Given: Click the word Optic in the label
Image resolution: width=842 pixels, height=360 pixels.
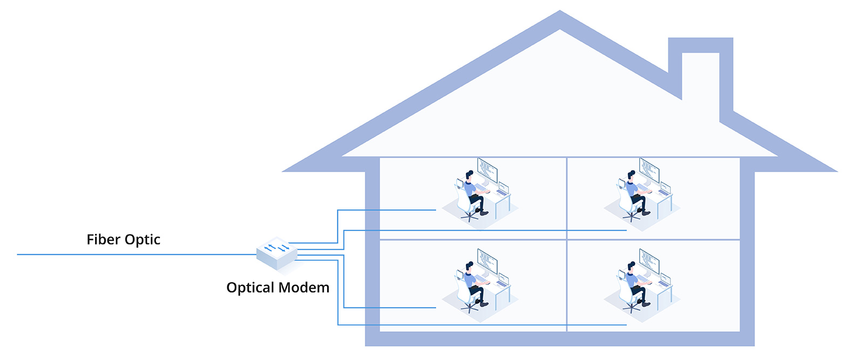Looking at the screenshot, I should [x=142, y=240].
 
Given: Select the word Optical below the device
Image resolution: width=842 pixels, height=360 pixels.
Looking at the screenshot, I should [x=249, y=287].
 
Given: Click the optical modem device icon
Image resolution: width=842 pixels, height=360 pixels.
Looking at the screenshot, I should [x=277, y=254].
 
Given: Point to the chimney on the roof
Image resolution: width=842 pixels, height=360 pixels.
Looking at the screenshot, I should [x=701, y=76].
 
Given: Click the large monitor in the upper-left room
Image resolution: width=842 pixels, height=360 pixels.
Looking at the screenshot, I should [x=487, y=171].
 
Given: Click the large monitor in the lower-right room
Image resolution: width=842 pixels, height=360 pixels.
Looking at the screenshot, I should [x=649, y=262].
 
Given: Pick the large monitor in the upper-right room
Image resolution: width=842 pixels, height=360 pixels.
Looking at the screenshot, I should [x=649, y=171].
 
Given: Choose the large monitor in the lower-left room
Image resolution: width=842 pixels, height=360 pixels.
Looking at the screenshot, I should [x=487, y=262].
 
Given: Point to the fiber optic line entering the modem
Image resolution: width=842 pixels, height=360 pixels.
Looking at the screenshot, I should [x=135, y=254].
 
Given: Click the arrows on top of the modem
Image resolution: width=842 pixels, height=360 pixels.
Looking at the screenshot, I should [x=276, y=248].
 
